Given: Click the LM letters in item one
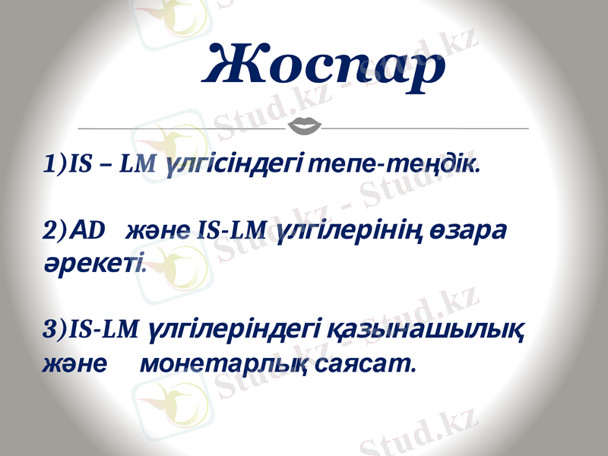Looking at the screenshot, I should [138, 163].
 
